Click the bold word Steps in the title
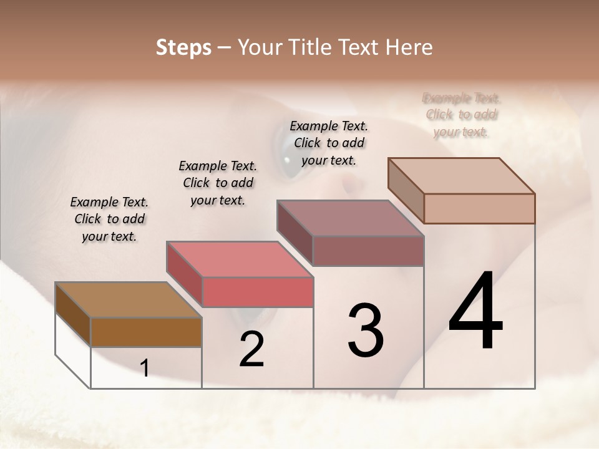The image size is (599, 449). tap(183, 47)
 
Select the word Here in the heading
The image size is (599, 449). tap(409, 47)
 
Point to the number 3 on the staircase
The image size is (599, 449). tap(366, 331)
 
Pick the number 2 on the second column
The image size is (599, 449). tap(251, 349)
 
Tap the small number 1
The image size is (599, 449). tap(144, 369)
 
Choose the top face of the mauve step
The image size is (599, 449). tap(350, 218)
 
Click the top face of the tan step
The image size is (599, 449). tap(461, 176)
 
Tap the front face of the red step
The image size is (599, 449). tap(257, 292)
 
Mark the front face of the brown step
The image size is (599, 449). tap(146, 332)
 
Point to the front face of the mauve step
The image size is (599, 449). tap(368, 251)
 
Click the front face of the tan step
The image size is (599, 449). tap(479, 208)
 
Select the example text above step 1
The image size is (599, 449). tap(109, 219)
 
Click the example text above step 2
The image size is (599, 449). tap(218, 183)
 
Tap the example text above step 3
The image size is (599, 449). tap(329, 143)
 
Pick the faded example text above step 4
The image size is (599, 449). tap(462, 115)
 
